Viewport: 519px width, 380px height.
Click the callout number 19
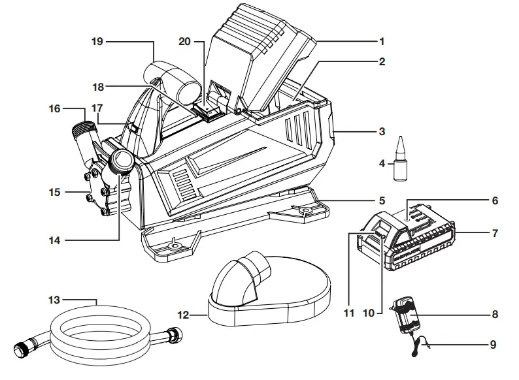(97, 41)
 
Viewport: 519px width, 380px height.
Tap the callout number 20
(185, 41)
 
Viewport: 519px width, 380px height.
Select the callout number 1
(382, 41)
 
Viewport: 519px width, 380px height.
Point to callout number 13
(54, 300)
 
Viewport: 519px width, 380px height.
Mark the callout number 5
(382, 200)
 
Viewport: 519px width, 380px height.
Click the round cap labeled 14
(122, 161)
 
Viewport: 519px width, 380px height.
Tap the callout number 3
(382, 131)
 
